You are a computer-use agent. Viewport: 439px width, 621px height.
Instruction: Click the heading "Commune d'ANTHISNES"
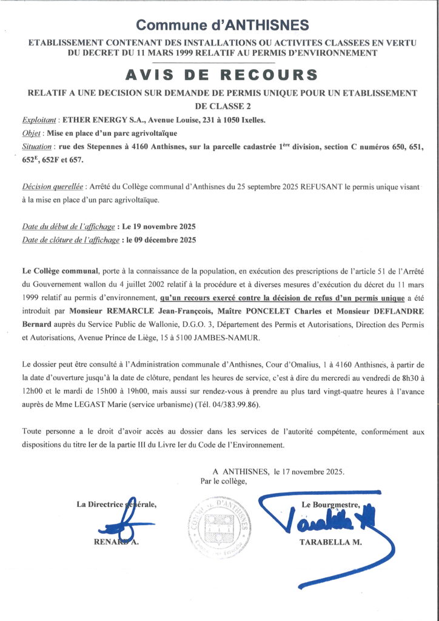point(222,25)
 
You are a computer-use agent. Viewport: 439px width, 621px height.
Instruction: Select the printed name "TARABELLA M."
point(330,543)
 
